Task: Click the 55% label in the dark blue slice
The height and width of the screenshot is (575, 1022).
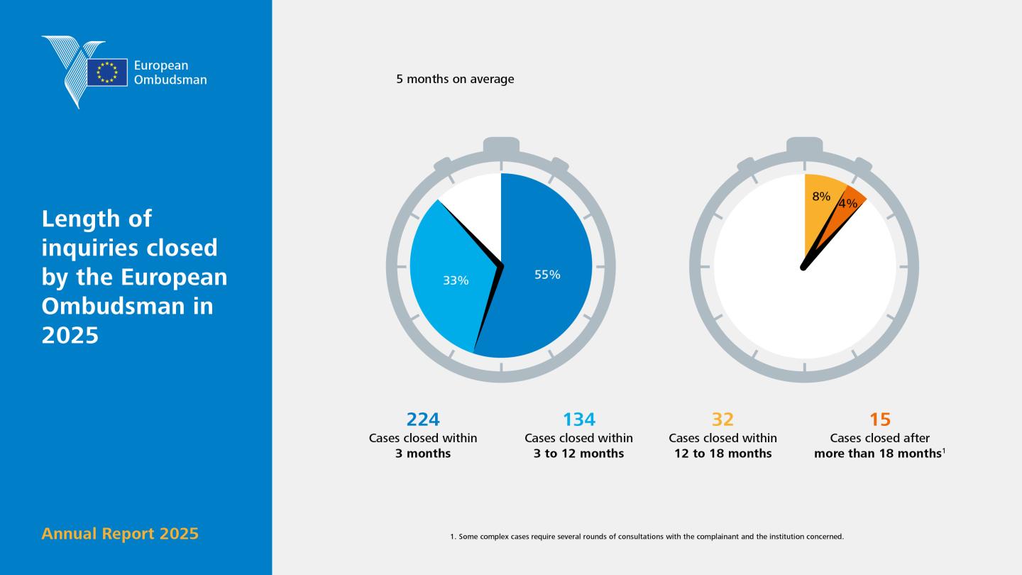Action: [x=547, y=275]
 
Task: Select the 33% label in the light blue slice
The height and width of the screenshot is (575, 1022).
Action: [x=456, y=280]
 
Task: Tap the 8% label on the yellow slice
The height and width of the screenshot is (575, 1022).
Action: [x=821, y=196]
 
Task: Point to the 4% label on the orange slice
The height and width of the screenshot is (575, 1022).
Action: [x=847, y=204]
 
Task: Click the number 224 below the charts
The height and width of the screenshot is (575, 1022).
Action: [x=423, y=420]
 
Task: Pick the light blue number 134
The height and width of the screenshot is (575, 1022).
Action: [x=579, y=420]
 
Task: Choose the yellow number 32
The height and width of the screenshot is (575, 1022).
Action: [x=722, y=420]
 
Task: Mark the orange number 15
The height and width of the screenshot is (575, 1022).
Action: [x=879, y=420]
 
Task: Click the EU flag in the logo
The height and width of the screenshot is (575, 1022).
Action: [x=107, y=72]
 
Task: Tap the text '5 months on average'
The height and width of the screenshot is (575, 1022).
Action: [x=455, y=79]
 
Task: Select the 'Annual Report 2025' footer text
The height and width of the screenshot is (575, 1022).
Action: [x=120, y=534]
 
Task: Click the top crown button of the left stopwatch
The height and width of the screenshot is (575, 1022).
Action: [x=501, y=145]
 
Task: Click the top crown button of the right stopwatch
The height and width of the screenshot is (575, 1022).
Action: [x=804, y=145]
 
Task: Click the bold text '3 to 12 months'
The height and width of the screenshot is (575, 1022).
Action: [x=579, y=454]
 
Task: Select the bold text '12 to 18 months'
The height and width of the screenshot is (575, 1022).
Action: [x=723, y=454]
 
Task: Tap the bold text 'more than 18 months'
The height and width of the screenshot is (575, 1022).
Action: [x=878, y=454]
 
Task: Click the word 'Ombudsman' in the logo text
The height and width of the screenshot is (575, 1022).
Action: [x=170, y=80]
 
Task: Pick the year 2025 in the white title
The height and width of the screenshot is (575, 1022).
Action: [x=70, y=335]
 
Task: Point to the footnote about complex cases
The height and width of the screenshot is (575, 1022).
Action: [x=647, y=537]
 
